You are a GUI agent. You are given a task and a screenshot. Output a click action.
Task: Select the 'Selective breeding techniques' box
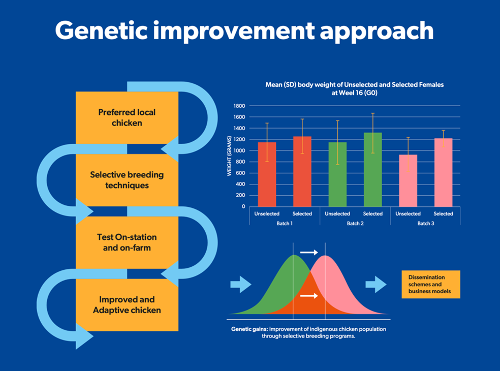[127, 180]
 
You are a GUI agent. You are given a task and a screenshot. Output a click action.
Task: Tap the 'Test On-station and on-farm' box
[127, 242]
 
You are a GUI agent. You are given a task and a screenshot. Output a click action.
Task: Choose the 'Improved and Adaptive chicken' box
[127, 305]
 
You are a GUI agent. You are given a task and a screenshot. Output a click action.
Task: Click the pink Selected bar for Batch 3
[443, 172]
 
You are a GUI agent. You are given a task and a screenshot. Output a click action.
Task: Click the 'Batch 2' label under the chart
[355, 224]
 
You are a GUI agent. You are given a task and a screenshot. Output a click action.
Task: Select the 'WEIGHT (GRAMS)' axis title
[229, 156]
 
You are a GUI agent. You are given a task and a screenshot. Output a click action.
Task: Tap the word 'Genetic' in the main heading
[104, 32]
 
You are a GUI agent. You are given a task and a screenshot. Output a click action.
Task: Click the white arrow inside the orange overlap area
[309, 296]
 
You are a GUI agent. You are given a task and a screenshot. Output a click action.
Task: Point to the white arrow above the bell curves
[309, 252]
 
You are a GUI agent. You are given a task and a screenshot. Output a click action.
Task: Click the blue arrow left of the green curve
[240, 284]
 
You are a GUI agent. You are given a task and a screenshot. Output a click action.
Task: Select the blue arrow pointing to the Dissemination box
[376, 284]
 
